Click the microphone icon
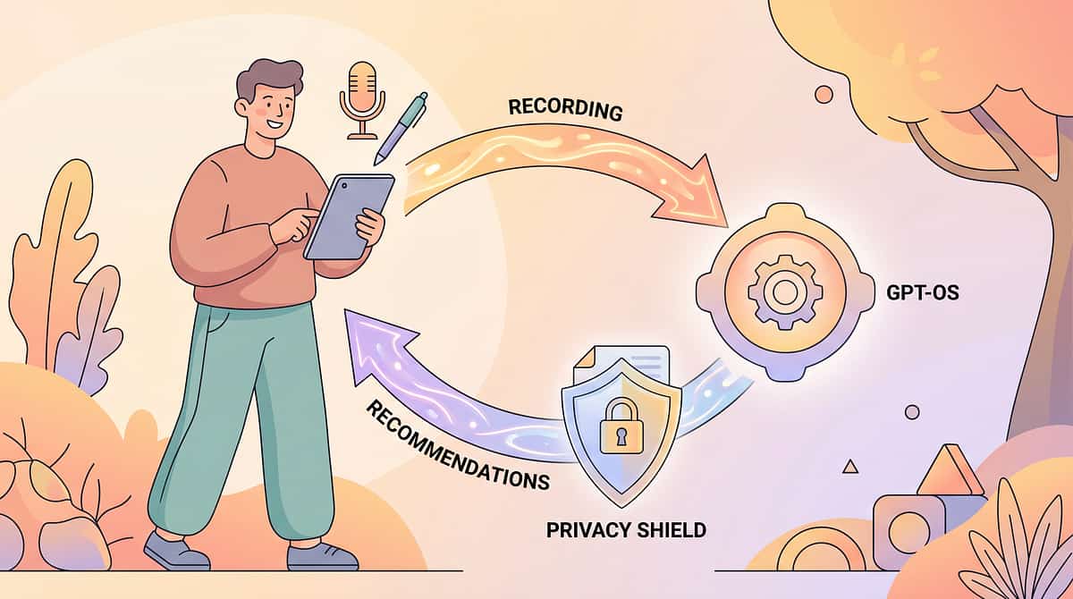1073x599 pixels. (x=362, y=99)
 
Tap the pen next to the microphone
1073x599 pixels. (x=401, y=128)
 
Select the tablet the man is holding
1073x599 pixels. (x=350, y=217)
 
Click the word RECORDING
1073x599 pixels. (x=565, y=110)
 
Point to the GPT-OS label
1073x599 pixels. (x=923, y=292)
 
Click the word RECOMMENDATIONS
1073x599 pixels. (x=458, y=445)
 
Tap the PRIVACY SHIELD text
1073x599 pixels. (x=626, y=530)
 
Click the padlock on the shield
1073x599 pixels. (x=621, y=426)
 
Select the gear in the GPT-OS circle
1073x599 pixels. (x=785, y=292)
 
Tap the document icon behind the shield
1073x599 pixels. (x=622, y=365)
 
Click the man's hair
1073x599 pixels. (x=268, y=79)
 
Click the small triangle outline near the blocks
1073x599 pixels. (x=850, y=467)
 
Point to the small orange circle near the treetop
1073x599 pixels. (x=824, y=95)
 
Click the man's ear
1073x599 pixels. (x=242, y=108)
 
